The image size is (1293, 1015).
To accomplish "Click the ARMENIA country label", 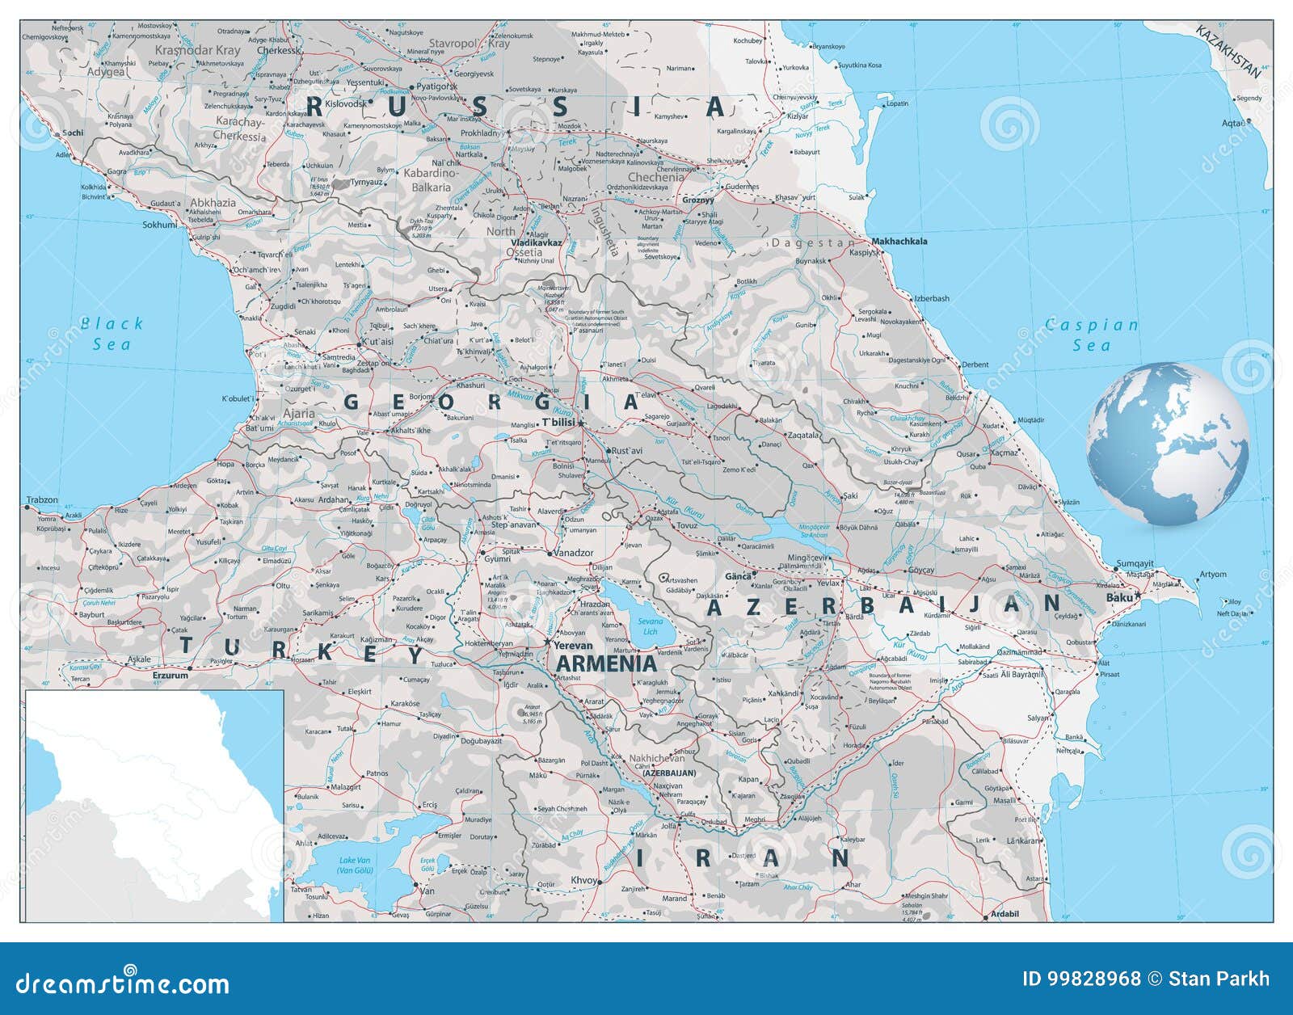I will tap(606, 663).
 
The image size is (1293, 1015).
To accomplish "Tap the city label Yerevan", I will tap(573, 645).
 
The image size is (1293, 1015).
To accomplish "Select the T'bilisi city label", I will tap(558, 423).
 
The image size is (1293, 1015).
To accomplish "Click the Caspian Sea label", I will tap(1092, 335).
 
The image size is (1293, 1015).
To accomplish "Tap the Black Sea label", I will tap(112, 334).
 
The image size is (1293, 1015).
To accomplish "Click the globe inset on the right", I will tap(1168, 444).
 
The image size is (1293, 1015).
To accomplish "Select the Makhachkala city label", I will tap(899, 241).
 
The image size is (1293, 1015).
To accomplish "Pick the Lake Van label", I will tap(354, 865).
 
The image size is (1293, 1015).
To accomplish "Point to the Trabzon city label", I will tap(42, 500).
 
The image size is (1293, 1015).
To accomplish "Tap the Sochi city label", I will tap(73, 132).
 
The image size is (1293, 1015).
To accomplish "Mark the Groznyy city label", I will tap(698, 200).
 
